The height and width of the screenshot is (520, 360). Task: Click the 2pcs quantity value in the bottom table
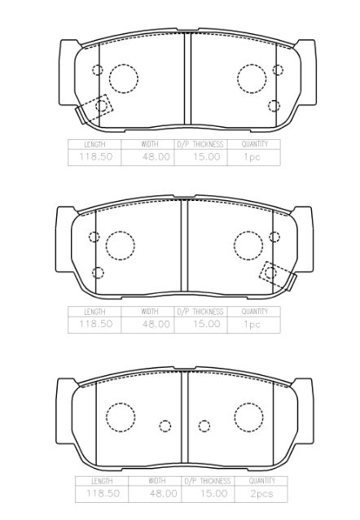tap(261, 493)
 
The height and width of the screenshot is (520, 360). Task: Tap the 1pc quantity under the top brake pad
tap(252, 156)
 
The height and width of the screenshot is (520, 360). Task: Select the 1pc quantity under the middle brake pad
tap(252, 324)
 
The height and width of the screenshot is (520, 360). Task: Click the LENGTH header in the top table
tap(94, 144)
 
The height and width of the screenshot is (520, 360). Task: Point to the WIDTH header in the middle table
tap(149, 312)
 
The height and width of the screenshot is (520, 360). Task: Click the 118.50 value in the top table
tap(95, 156)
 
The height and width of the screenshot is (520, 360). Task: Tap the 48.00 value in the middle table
tap(156, 324)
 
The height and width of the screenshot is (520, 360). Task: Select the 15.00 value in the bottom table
tap(213, 493)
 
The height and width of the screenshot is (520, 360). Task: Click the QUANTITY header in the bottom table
tap(261, 481)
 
